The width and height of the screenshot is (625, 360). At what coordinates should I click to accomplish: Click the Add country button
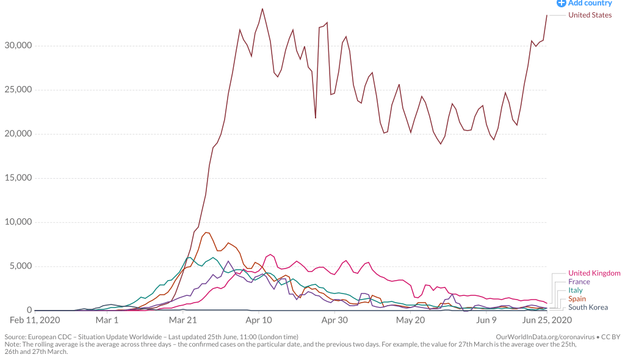point(584,3)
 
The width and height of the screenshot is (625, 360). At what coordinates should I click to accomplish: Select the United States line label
point(590,15)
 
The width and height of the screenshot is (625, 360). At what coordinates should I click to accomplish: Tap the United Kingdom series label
point(594,273)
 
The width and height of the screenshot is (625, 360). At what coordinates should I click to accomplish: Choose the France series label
point(579,282)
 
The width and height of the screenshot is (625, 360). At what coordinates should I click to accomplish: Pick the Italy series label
point(575,290)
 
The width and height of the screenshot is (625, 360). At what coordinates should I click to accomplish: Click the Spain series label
point(577,299)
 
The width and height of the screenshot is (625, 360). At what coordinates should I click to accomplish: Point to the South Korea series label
point(588,308)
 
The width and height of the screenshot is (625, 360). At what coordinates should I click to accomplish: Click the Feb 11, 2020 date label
point(35,320)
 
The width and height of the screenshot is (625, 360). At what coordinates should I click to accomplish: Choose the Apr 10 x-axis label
point(259,320)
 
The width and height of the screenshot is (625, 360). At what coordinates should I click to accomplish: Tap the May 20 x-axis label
point(410,320)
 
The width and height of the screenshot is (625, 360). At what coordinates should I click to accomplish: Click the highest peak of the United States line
point(262,9)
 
